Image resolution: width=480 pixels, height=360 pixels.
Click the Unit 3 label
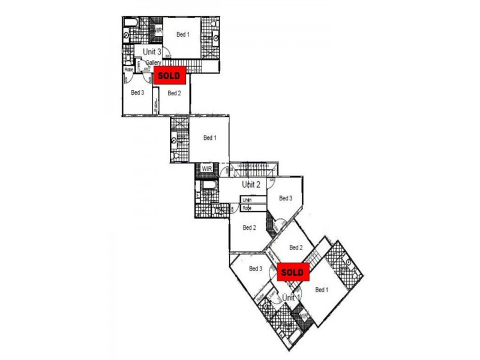point(152,52)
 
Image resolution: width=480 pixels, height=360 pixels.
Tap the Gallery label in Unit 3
point(153,62)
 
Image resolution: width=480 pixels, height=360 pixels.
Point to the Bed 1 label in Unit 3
point(183,34)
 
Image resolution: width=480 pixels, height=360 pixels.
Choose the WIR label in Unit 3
point(158,31)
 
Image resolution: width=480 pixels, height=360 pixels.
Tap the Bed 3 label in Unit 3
point(137,92)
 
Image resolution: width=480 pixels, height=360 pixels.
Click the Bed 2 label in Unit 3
point(174,93)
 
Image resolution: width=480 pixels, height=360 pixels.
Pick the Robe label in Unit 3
point(129,70)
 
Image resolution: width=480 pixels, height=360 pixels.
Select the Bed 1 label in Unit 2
point(209,138)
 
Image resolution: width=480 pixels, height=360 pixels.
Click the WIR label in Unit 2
point(206,168)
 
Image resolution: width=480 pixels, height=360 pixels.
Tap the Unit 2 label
point(251,184)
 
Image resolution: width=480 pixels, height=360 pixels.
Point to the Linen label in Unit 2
point(247,200)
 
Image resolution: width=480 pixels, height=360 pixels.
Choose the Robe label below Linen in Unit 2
point(247,208)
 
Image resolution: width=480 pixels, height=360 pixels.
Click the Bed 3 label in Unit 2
point(286,199)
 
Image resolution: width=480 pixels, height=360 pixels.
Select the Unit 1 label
point(291,297)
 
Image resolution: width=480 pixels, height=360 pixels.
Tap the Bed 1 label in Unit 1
point(322,290)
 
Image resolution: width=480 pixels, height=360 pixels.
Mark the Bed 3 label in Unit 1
point(256,268)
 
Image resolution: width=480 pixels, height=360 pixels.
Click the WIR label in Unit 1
point(304,317)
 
